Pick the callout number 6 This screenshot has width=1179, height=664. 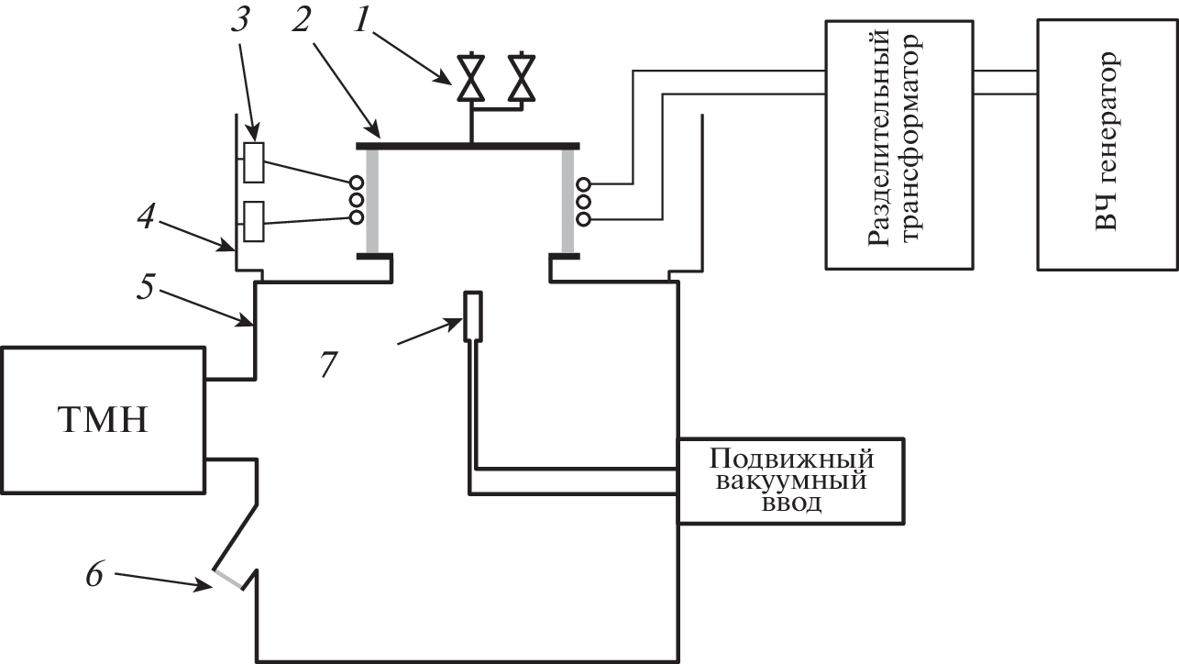96,574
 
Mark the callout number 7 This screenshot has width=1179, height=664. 327,365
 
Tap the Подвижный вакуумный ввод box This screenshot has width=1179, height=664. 791,481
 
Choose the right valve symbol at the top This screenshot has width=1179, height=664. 523,79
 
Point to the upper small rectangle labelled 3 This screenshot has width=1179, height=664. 254,162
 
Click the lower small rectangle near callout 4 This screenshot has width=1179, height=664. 254,221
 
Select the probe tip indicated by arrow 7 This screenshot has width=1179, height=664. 472,315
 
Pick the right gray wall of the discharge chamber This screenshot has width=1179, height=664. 569,200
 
